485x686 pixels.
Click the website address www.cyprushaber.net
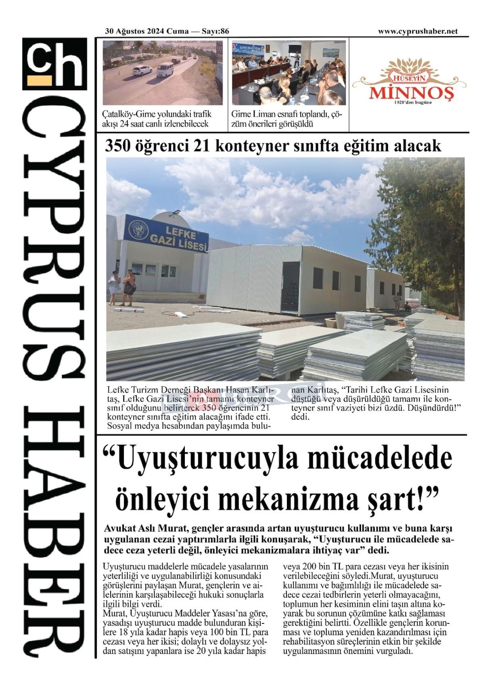click(x=418, y=31)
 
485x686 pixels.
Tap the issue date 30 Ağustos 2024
click(x=135, y=31)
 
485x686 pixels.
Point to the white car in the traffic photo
click(x=141, y=72)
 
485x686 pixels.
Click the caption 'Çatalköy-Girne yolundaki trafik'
click(x=157, y=114)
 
